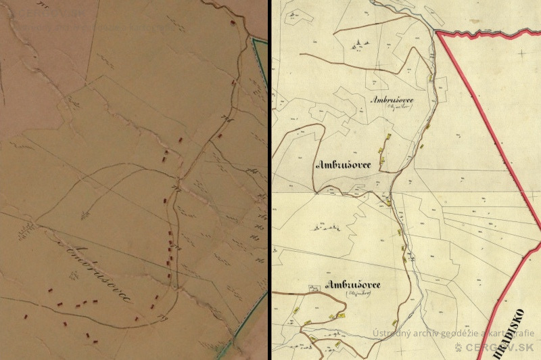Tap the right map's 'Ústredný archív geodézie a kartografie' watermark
[x=453, y=333]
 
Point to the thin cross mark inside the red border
[x=521, y=52]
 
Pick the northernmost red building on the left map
[x=233, y=22]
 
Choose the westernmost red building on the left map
[x=24, y=315]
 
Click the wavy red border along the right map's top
[x=487, y=31]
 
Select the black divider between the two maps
[x=270, y=180]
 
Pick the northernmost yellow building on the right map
[x=430, y=78]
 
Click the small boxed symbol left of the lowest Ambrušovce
[x=313, y=287]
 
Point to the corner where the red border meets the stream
[x=436, y=32]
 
